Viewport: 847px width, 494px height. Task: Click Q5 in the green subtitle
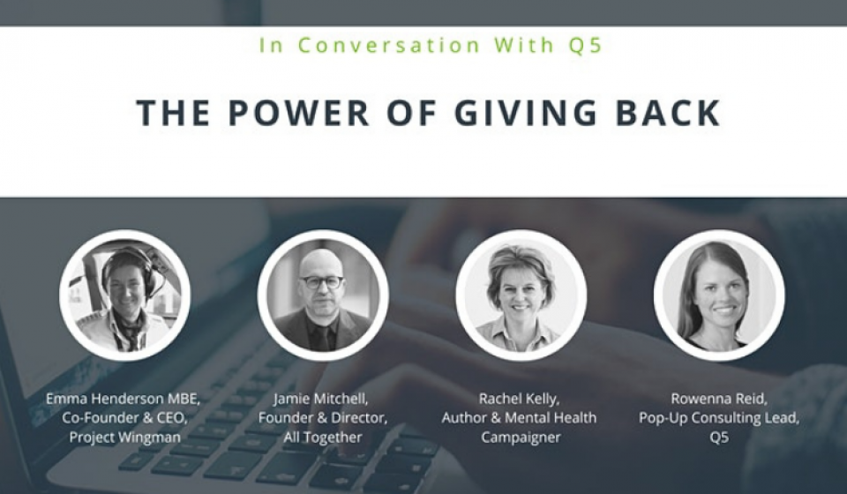pos(585,45)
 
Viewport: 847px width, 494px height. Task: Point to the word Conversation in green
pos(389,45)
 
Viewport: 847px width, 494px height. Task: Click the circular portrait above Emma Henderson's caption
pos(124,296)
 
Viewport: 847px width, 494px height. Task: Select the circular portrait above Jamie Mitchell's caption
pos(323,296)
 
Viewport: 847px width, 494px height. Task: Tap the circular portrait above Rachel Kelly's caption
pos(521,296)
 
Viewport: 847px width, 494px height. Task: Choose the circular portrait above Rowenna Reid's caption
pos(719,296)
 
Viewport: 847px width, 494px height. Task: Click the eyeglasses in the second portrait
pos(322,282)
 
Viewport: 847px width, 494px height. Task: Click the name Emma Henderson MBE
pos(124,399)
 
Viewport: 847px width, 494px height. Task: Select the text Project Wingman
pos(124,438)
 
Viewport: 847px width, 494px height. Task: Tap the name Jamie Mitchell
pos(321,400)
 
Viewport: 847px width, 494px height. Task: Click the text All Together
pos(323,438)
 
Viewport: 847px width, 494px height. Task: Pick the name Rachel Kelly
pos(519,400)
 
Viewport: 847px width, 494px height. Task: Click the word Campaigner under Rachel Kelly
pos(521,438)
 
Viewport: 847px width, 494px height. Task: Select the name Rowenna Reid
pos(719,400)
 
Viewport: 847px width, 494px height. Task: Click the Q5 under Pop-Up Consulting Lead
pos(719,438)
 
